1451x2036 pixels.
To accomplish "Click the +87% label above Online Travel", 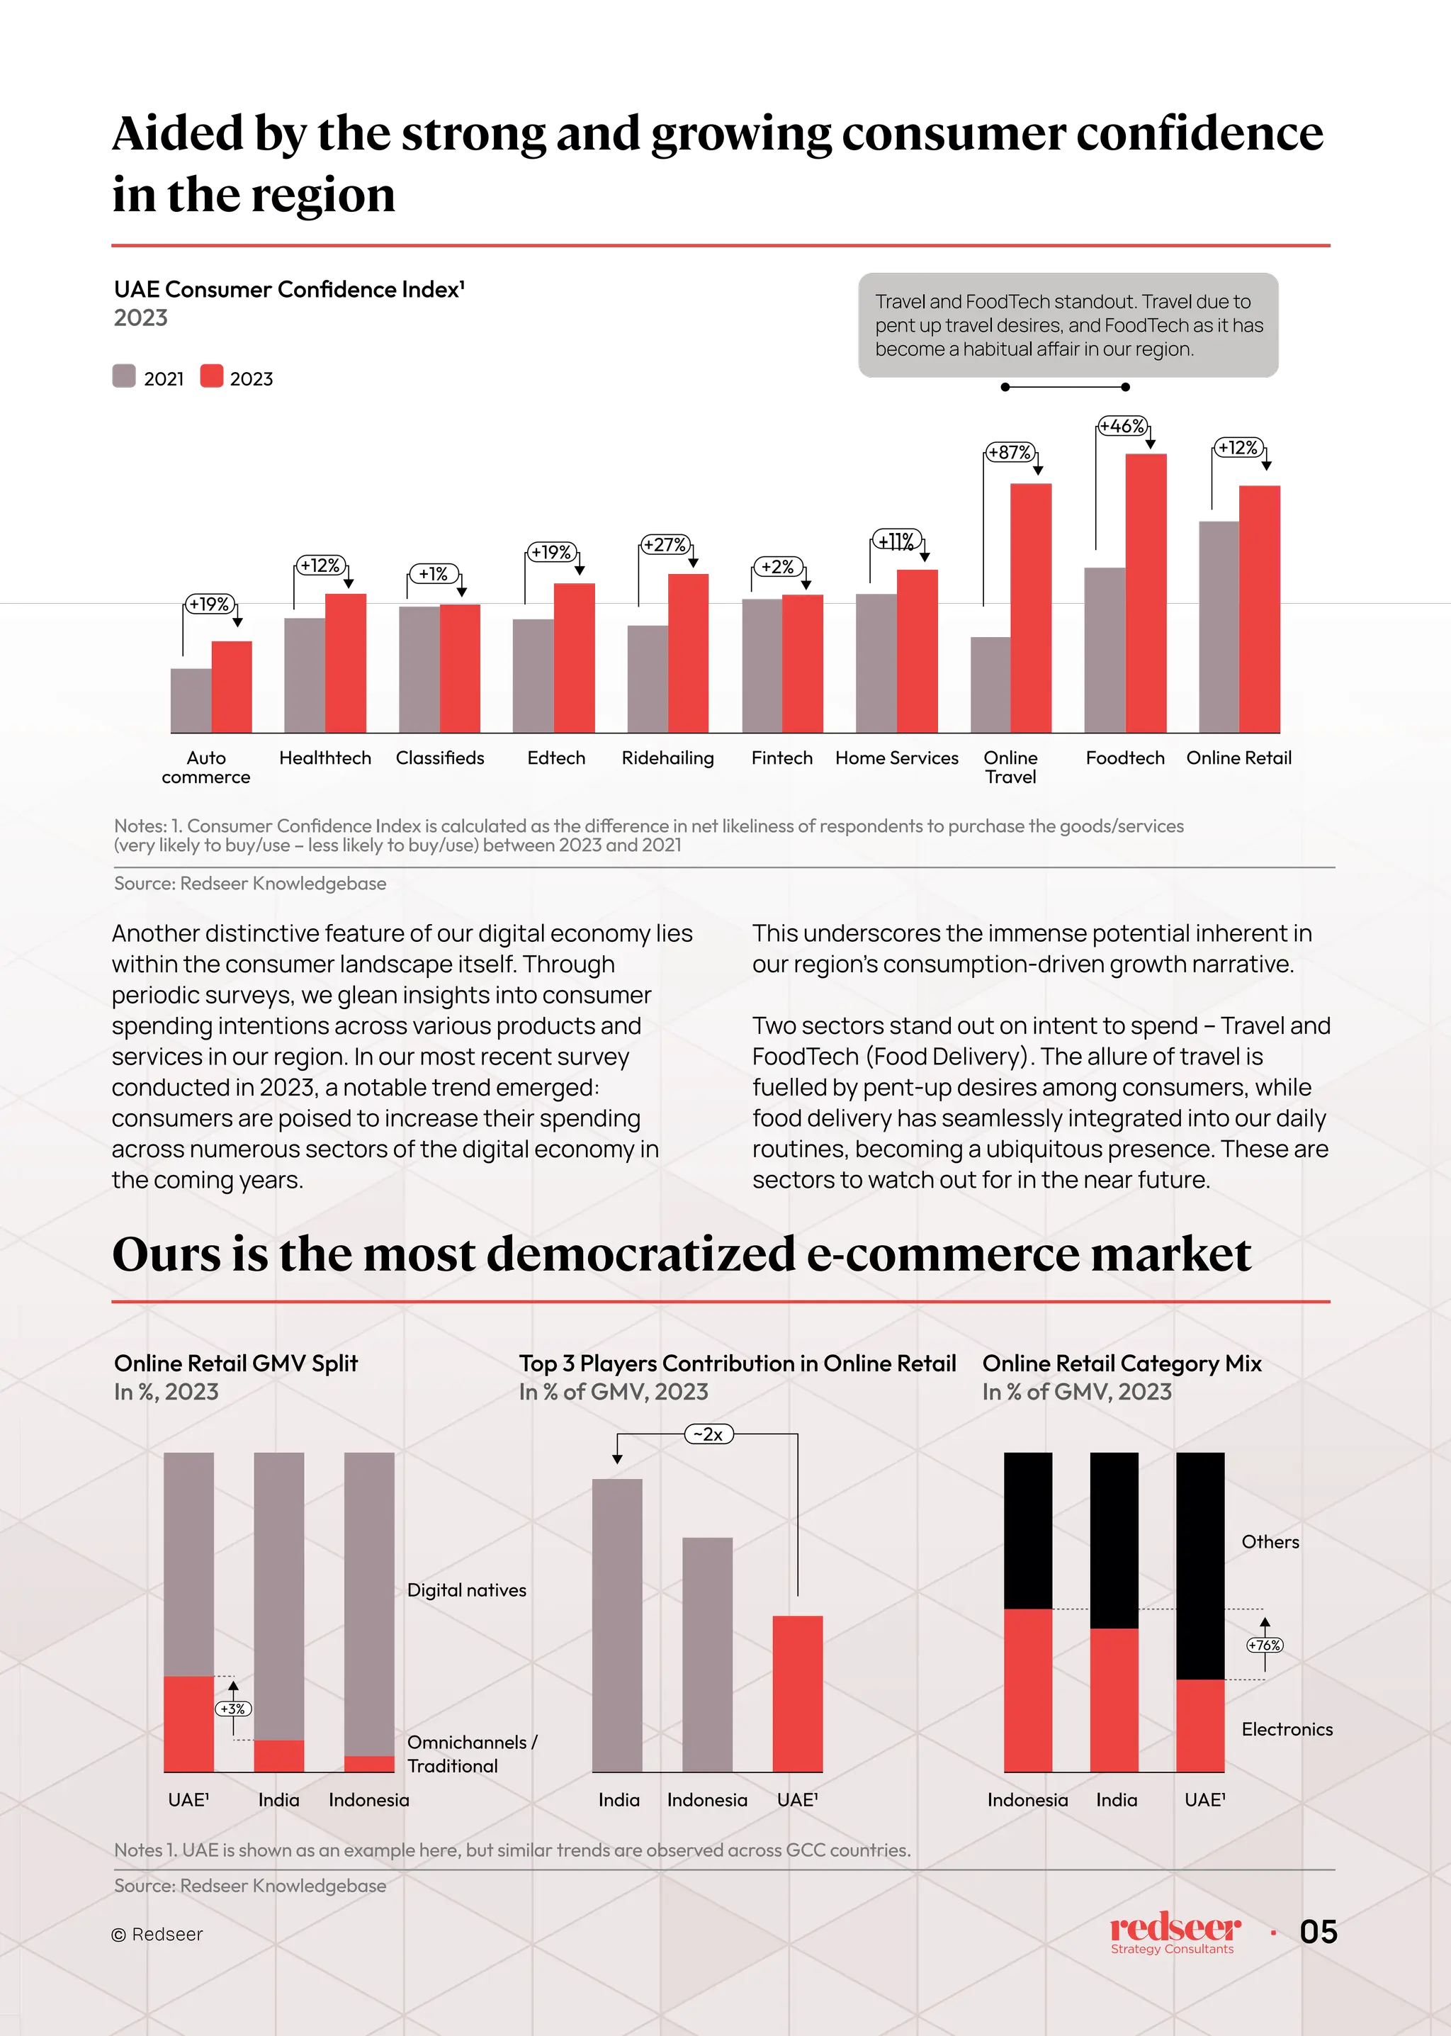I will (x=1010, y=452).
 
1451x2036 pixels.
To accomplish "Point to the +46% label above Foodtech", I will (x=1122, y=427).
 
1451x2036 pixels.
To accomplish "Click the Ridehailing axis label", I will (x=667, y=758).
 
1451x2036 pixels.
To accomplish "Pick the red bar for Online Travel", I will (x=1031, y=608).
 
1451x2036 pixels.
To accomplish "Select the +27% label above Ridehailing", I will (x=665, y=544).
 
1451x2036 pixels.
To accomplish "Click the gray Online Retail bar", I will (x=1218, y=626).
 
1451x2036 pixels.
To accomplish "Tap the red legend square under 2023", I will (x=213, y=376).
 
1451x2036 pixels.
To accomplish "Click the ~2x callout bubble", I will (x=708, y=1434).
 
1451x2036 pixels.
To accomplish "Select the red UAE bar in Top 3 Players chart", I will (x=797, y=1693).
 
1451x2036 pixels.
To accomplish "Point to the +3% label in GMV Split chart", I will (x=233, y=1708).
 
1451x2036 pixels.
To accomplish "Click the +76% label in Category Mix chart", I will (x=1264, y=1645).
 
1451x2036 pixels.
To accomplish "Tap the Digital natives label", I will (x=466, y=1589).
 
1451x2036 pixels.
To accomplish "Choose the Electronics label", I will (x=1287, y=1728).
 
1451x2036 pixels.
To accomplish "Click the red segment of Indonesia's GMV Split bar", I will (x=369, y=1763).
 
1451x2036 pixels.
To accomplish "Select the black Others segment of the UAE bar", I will (x=1200, y=1565).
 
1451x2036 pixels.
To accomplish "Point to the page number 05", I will (x=1318, y=1931).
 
